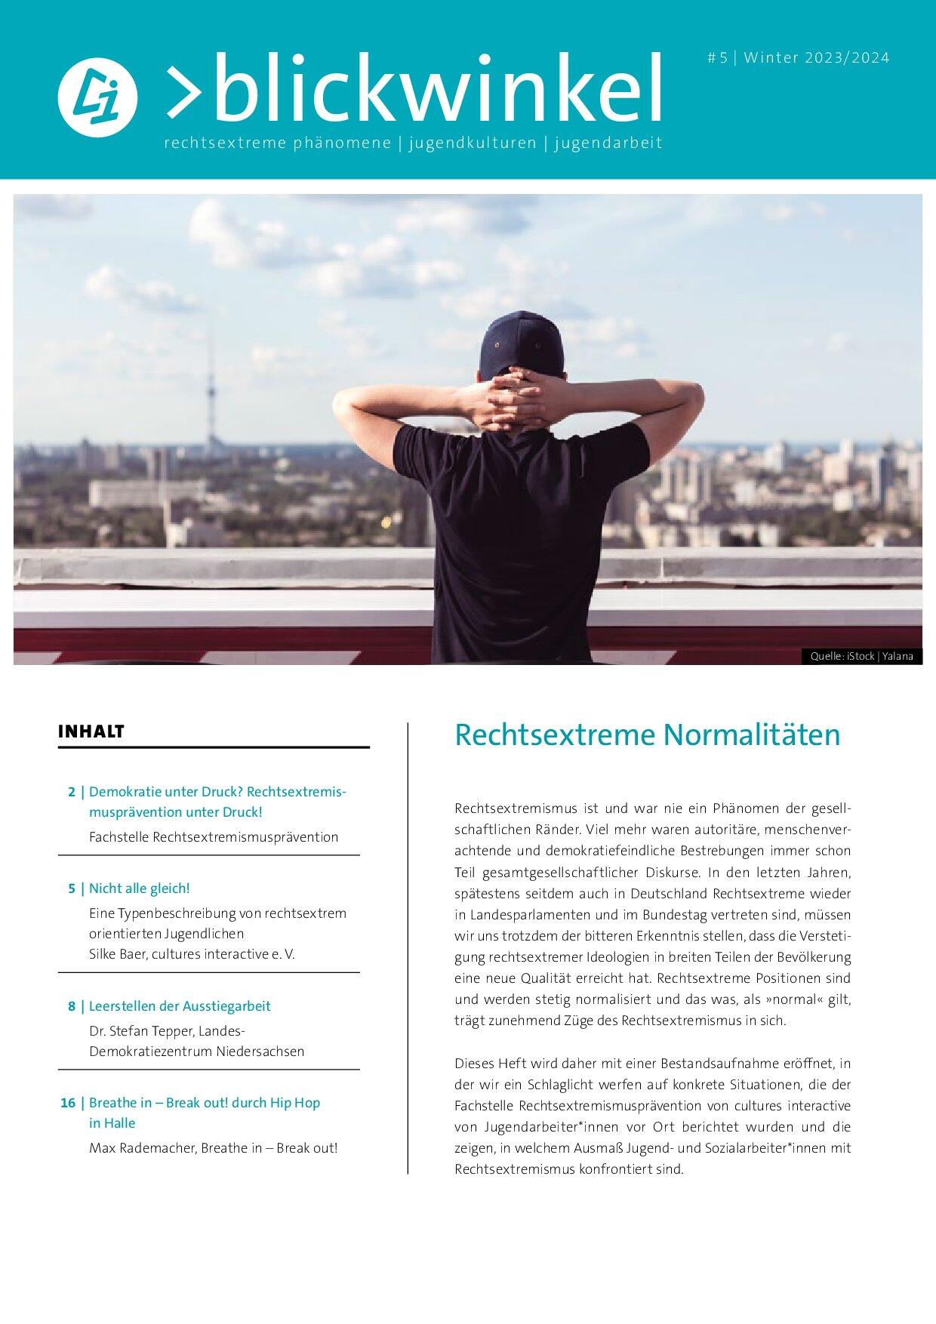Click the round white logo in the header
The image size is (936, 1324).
(97, 97)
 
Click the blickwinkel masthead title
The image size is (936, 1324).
(414, 88)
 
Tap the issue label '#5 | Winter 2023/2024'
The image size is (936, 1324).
(798, 58)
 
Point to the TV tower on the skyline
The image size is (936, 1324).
(208, 393)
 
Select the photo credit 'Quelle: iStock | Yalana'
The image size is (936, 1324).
(861, 657)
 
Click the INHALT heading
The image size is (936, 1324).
(91, 731)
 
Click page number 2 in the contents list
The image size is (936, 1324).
(71, 792)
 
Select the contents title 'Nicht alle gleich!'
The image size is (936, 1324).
(139, 888)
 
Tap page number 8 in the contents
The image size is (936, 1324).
(71, 1006)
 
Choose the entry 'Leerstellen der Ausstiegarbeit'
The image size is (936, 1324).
(180, 1006)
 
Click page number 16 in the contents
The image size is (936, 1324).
(68, 1103)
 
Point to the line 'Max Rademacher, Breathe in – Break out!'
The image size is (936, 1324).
(213, 1148)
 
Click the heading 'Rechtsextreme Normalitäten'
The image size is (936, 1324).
(647, 735)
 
